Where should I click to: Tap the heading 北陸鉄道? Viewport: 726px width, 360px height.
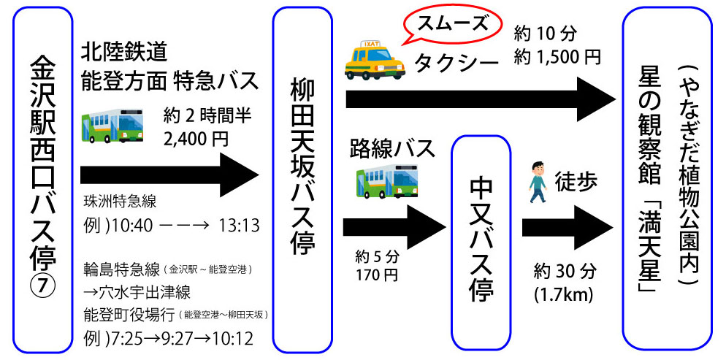pos(125,52)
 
